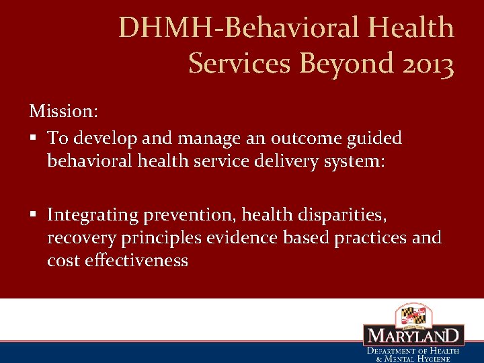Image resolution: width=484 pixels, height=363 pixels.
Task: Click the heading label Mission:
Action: coord(64,110)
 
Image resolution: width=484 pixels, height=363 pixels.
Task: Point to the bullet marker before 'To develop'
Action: coord(33,139)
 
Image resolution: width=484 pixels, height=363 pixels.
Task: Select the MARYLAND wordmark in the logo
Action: coord(413,336)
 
